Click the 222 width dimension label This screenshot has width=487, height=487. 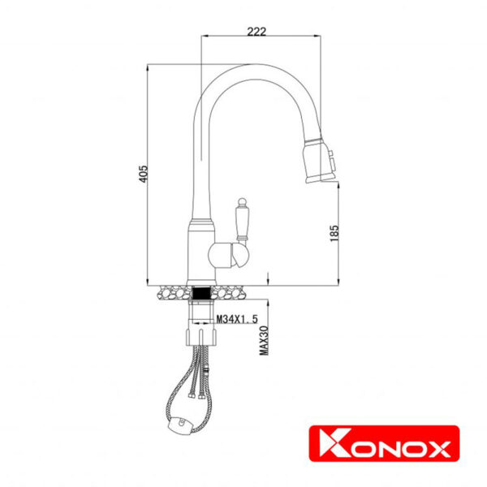pyautogui.click(x=256, y=31)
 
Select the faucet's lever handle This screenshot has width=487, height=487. pyautogui.click(x=243, y=218)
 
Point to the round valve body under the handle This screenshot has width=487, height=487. pyautogui.click(x=224, y=258)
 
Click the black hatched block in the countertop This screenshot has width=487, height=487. pyautogui.click(x=200, y=290)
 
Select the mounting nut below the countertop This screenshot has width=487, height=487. pyautogui.click(x=200, y=308)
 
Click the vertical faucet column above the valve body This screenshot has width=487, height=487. pyautogui.click(x=198, y=179)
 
